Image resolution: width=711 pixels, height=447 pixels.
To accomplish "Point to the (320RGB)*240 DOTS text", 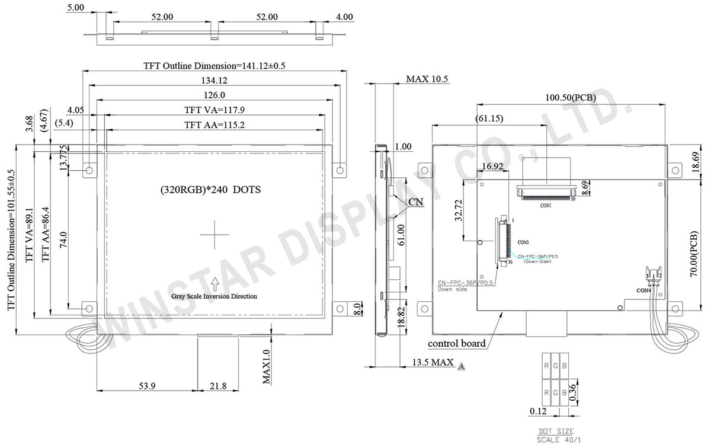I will click(x=210, y=190).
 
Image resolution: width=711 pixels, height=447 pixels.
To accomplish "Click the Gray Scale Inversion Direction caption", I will click(x=214, y=296).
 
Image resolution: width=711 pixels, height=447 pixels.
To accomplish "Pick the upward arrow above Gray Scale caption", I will click(x=214, y=283).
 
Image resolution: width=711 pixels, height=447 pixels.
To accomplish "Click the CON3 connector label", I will click(x=523, y=242).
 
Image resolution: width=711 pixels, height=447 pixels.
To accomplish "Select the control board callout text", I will click(x=457, y=343).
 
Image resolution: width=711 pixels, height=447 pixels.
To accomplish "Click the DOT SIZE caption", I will click(x=555, y=432).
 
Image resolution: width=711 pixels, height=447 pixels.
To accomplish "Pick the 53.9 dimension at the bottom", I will click(x=147, y=386).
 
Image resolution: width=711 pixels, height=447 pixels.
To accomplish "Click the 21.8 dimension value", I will click(x=218, y=386).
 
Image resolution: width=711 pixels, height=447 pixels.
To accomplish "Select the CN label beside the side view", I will click(x=417, y=203).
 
